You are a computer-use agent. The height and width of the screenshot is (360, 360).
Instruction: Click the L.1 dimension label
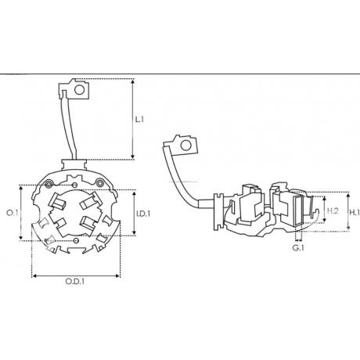coord(139,120)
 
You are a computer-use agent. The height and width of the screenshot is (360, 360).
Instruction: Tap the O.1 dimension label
coord(13,213)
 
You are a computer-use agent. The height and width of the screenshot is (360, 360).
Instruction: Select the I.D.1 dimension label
coord(143,214)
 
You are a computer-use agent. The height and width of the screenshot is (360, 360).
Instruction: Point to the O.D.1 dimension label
coord(75,281)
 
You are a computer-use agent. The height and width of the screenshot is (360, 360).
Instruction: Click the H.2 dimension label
coord(333,211)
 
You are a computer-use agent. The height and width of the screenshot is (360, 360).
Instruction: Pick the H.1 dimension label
coord(355,212)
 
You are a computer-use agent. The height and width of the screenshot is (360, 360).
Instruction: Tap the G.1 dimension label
coord(298,247)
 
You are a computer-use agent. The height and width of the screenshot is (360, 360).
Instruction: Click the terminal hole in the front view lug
coord(79,90)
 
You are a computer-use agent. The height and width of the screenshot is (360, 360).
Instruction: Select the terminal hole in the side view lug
coord(186,145)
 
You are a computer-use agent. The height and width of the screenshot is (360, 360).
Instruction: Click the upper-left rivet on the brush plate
coord(49,184)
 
